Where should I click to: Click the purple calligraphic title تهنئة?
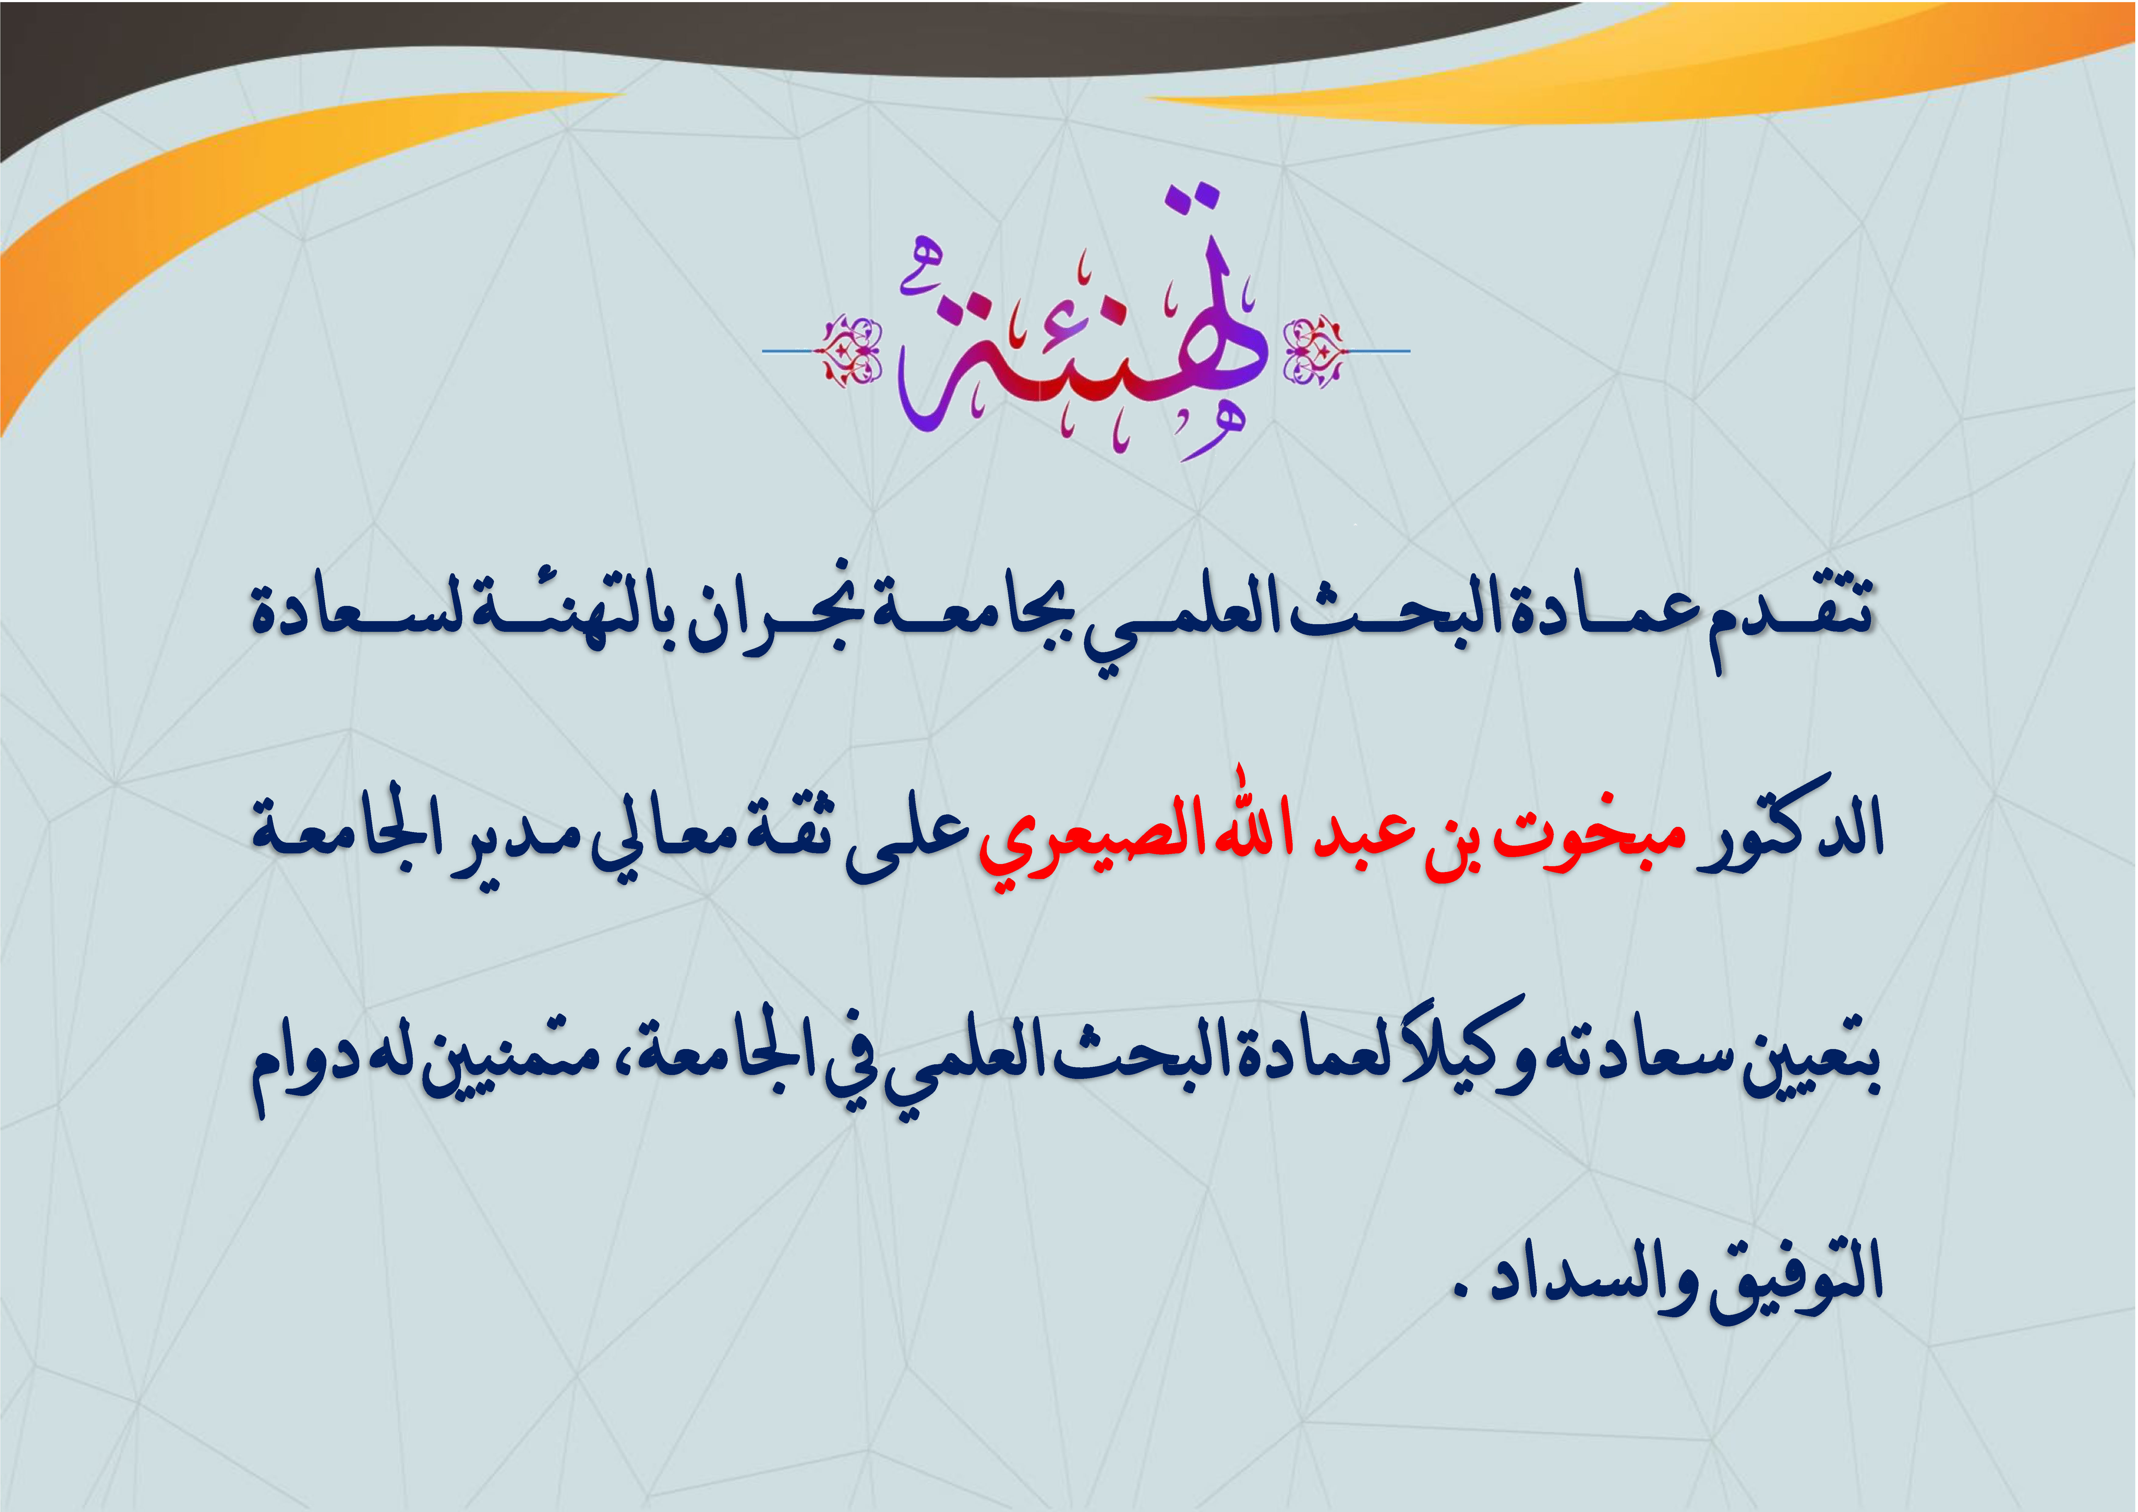point(1080,326)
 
